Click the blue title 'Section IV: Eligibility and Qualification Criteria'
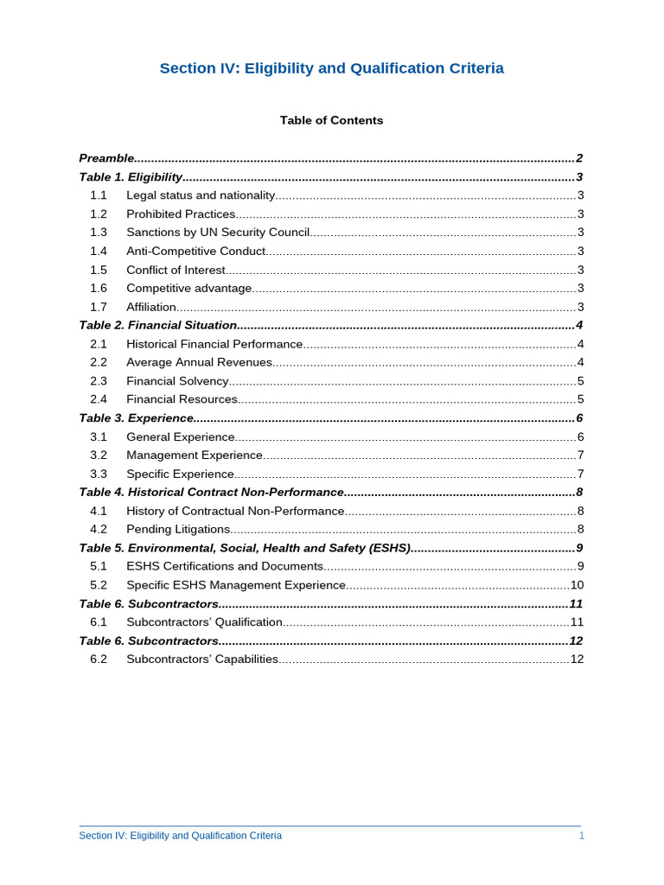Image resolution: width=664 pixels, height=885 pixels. pyautogui.click(x=331, y=68)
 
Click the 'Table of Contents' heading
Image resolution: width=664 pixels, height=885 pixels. pyautogui.click(x=331, y=120)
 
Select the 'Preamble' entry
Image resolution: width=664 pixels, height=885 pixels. pyautogui.click(x=106, y=158)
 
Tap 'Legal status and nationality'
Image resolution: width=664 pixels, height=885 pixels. pyautogui.click(x=201, y=195)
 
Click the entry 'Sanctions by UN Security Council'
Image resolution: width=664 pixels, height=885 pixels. pyautogui.click(x=218, y=232)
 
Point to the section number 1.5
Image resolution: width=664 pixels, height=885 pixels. pyautogui.click(x=99, y=270)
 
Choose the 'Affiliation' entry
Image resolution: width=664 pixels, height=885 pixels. pyautogui.click(x=151, y=307)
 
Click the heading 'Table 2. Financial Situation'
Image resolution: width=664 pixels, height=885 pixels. pyautogui.click(x=157, y=325)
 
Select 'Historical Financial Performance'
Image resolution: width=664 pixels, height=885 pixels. pyautogui.click(x=214, y=344)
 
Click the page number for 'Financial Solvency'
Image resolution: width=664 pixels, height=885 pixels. pyautogui.click(x=580, y=381)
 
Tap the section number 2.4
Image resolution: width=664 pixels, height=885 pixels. pyautogui.click(x=99, y=399)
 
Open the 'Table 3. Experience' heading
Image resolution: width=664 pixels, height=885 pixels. pyautogui.click(x=136, y=418)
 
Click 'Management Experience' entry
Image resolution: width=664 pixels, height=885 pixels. pyautogui.click(x=195, y=455)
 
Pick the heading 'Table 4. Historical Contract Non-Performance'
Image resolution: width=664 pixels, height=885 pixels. pyautogui.click(x=211, y=492)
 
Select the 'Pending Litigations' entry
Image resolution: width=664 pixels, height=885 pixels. pyautogui.click(x=178, y=529)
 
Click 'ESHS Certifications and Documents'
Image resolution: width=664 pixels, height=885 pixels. pyautogui.click(x=225, y=566)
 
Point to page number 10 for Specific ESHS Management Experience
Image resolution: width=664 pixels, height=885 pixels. pyautogui.click(x=577, y=585)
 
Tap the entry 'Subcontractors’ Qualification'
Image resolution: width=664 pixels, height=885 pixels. pyautogui.click(x=204, y=622)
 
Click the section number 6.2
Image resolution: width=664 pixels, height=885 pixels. pyautogui.click(x=99, y=659)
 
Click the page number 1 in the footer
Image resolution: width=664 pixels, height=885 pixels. pyautogui.click(x=581, y=836)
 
